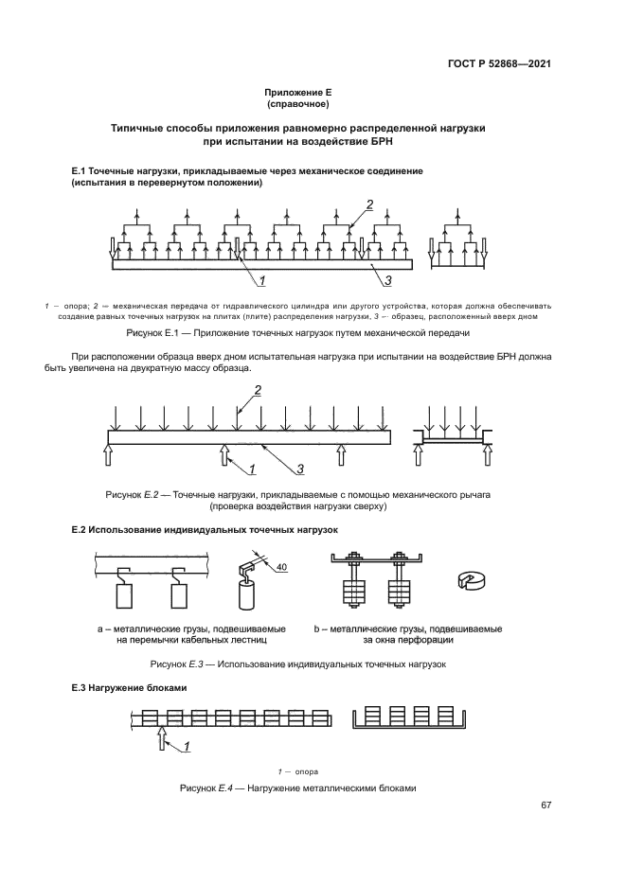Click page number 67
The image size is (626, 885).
click(546, 805)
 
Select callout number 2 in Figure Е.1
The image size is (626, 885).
click(369, 205)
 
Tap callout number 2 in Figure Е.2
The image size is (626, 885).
click(257, 390)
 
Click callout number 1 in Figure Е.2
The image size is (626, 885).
click(253, 468)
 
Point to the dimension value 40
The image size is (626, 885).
click(282, 567)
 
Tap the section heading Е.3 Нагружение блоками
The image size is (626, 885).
click(121, 689)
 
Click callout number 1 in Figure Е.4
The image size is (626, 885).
click(188, 746)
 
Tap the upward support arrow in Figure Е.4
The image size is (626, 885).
click(161, 734)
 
